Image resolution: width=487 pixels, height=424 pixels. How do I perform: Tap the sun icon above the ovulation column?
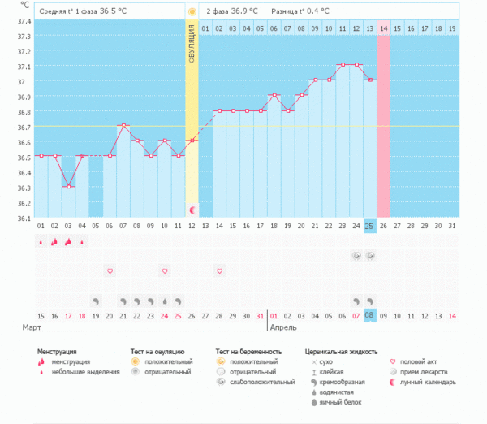pyautogui.click(x=192, y=12)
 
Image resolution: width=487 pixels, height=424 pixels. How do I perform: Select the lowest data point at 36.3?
pyautogui.click(x=68, y=186)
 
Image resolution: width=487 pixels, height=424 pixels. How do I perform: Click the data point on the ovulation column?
pyautogui.click(x=192, y=141)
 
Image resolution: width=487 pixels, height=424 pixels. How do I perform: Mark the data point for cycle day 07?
pyautogui.click(x=123, y=125)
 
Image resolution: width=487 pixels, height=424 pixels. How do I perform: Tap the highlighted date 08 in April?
pyautogui.click(x=369, y=315)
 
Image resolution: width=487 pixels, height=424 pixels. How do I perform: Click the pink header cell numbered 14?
pyautogui.click(x=384, y=28)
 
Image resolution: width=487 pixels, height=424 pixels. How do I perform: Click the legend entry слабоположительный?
pyautogui.click(x=256, y=382)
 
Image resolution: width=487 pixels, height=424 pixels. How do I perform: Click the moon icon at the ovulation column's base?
pyautogui.click(x=192, y=210)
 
